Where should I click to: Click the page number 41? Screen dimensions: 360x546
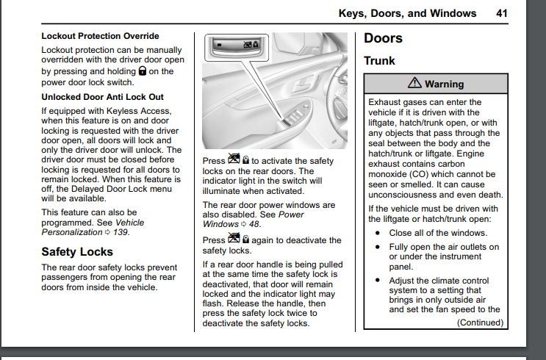pos(502,13)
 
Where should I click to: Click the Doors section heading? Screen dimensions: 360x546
pos(384,38)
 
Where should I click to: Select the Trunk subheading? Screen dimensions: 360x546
pos(379,61)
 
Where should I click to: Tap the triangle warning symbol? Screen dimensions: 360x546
pos(415,84)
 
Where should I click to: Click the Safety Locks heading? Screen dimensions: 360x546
pos(77,252)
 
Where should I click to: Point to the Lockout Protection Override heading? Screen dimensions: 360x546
pos(100,36)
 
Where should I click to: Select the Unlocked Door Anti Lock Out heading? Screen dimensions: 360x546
pos(102,97)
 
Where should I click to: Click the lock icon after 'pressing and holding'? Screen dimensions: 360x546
pos(142,71)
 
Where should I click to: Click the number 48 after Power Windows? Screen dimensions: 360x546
pos(254,223)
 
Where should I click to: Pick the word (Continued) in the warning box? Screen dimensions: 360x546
pos(478,322)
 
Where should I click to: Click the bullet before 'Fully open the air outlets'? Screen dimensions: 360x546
pos(378,247)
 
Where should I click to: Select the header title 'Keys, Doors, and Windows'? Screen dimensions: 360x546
pos(407,13)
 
